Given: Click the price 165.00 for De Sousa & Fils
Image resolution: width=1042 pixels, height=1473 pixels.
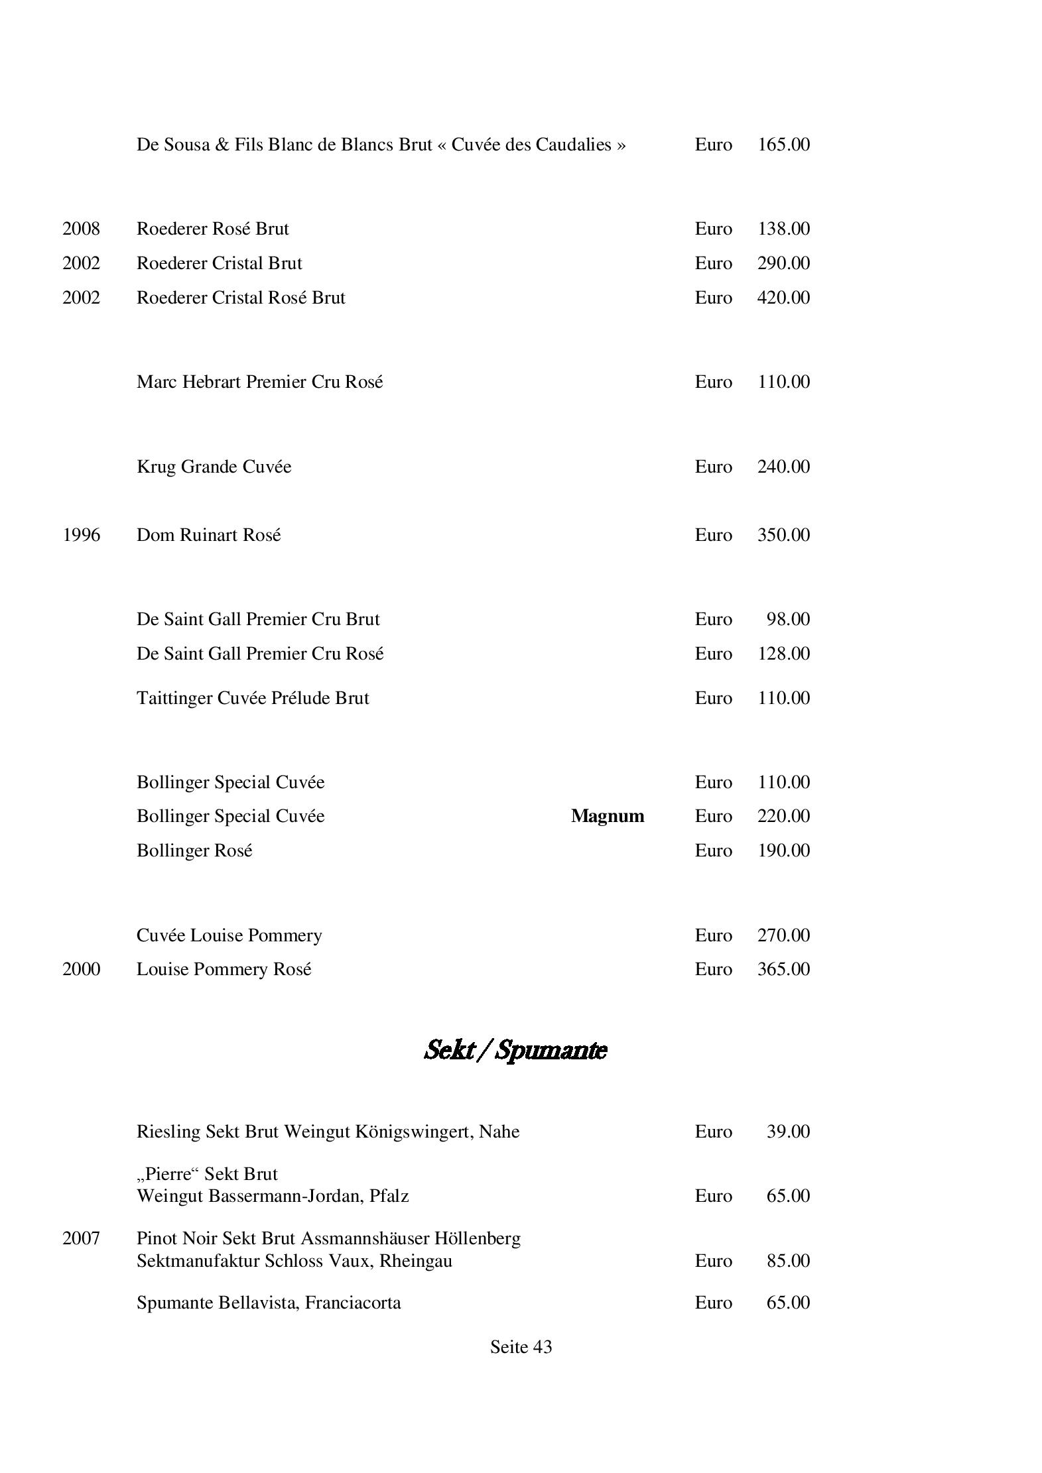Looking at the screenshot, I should [783, 145].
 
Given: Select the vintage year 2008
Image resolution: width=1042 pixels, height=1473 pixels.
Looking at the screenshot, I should [81, 229].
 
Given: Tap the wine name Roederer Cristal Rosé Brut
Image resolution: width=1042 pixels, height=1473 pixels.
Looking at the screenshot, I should [241, 298].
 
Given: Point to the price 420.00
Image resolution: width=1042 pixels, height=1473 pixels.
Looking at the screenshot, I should [783, 298].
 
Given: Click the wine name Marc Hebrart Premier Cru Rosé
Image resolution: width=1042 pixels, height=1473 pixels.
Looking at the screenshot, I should [259, 382].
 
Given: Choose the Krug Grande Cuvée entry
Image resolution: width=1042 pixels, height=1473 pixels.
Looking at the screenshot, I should [214, 467].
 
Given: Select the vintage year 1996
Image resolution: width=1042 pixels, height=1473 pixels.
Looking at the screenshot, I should [81, 535].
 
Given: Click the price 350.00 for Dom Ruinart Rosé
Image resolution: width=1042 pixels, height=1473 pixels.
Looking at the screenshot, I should [783, 535].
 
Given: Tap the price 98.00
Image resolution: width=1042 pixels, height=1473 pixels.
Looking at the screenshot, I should [788, 619].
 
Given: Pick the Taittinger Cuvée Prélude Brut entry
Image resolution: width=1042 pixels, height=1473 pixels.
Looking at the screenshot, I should [253, 698].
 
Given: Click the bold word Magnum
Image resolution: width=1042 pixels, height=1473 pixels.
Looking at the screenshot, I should [607, 816].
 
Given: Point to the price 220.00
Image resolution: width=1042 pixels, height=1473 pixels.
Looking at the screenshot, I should [783, 816].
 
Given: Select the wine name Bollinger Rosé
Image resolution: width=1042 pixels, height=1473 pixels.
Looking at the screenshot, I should [194, 851].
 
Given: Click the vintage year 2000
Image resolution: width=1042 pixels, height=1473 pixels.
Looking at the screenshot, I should [81, 969].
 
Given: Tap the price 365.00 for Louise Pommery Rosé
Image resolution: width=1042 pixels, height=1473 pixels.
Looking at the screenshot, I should [783, 969].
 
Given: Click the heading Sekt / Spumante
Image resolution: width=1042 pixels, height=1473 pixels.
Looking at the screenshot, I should [515, 1050].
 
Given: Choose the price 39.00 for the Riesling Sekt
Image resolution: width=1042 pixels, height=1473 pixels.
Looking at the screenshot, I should [788, 1132].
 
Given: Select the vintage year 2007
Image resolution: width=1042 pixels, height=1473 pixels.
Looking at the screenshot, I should [81, 1238].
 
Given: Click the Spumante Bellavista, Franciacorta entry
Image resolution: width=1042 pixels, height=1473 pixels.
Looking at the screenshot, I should [269, 1303].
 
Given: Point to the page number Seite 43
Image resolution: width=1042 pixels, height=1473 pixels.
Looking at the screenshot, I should [521, 1347].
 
